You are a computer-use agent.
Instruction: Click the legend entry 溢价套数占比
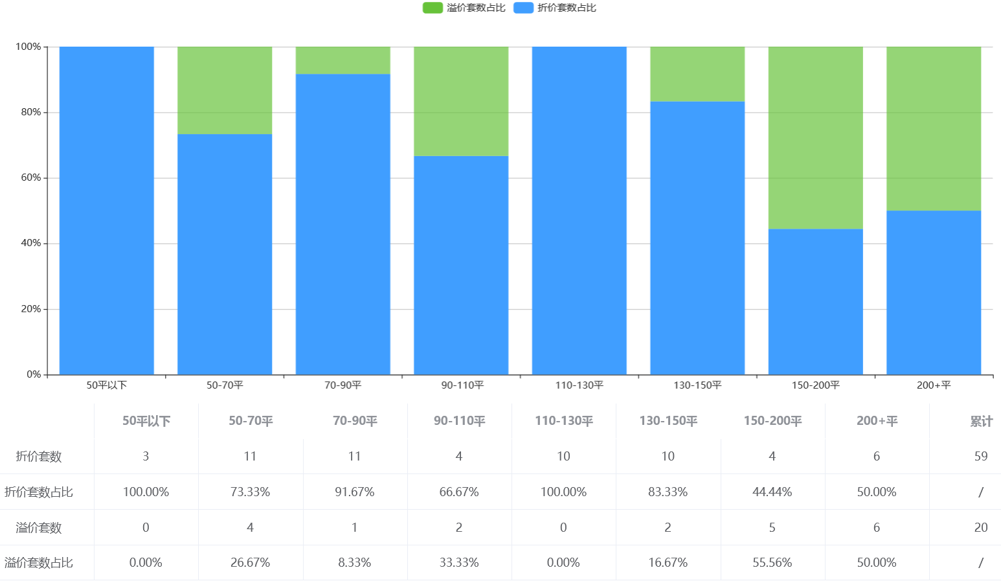[x=464, y=8]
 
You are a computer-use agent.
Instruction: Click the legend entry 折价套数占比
[x=555, y=8]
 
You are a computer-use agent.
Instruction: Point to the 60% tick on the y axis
[x=30, y=177]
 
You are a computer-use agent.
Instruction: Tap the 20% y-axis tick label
[x=30, y=309]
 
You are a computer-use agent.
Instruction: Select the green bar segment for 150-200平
[x=815, y=137]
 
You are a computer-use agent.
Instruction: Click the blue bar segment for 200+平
[x=933, y=292]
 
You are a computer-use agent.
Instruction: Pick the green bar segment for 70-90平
[x=343, y=60]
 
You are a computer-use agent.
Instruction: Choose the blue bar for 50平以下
[x=106, y=211]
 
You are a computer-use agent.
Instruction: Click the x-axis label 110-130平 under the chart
[x=579, y=385]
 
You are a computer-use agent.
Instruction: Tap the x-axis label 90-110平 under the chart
[x=462, y=385]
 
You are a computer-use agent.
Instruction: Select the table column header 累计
[x=981, y=421]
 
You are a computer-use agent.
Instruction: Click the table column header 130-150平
[x=668, y=421]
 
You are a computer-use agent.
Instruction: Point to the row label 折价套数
[x=39, y=456]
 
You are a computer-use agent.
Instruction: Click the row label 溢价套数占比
[x=39, y=563]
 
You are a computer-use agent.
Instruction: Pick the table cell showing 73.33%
[x=250, y=492]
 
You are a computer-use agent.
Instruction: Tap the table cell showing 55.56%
[x=772, y=563]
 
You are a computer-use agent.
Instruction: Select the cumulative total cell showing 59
[x=981, y=456]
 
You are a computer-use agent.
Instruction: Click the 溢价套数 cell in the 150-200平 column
[x=772, y=527]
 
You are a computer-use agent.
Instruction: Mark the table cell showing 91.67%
[x=354, y=492]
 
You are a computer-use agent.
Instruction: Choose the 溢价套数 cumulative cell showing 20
[x=981, y=527]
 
